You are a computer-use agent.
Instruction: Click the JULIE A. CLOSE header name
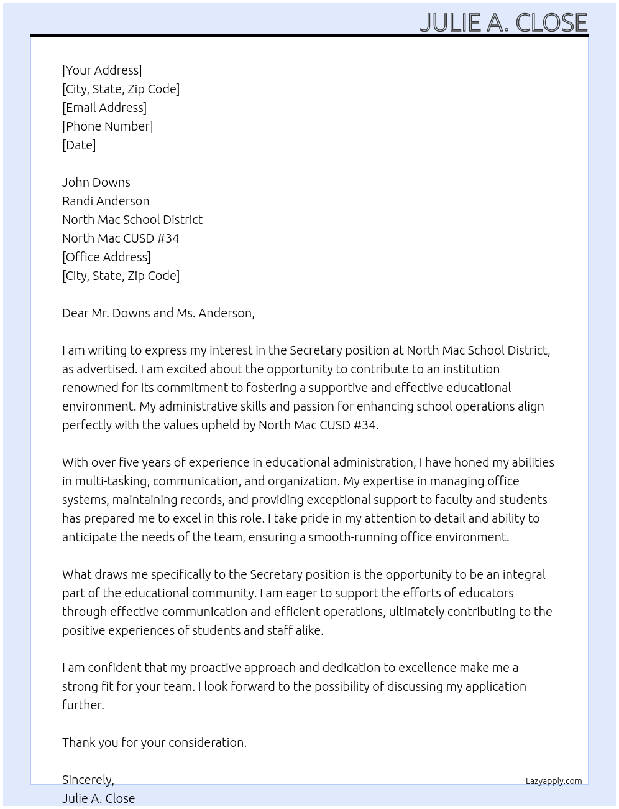[x=503, y=22]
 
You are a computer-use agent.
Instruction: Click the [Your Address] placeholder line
[x=102, y=70]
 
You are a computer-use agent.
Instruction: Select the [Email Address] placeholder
[x=104, y=108]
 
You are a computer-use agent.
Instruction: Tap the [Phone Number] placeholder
[x=108, y=126]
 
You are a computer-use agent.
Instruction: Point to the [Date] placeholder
[x=79, y=145]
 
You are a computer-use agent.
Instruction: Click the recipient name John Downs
[x=96, y=182]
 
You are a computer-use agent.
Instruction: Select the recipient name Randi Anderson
[x=106, y=201]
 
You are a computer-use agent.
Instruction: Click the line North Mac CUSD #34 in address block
[x=121, y=238]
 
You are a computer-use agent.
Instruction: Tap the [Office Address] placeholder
[x=106, y=257]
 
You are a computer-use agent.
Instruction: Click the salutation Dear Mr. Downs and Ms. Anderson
[x=158, y=313]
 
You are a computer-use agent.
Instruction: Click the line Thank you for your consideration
[x=154, y=742]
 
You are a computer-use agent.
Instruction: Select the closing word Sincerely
[x=88, y=780]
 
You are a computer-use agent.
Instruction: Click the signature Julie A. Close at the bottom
[x=98, y=798]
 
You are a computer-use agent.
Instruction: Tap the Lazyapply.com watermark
[x=554, y=781]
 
